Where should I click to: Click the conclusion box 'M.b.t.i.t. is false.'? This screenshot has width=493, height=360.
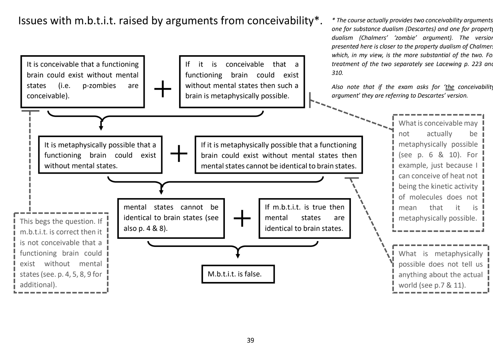pyautogui.click(x=238, y=274)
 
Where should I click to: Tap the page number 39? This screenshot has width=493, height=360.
pyautogui.click(x=250, y=340)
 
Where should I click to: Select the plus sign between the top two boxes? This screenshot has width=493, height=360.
pyautogui.click(x=162, y=89)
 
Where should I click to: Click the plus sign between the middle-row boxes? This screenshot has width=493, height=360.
pyautogui.click(x=178, y=153)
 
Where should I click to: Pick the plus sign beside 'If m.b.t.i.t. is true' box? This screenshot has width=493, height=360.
pyautogui.click(x=242, y=218)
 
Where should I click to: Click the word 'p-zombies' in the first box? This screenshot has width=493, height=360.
pyautogui.click(x=99, y=86)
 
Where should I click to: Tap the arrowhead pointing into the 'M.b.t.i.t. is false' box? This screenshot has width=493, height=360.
pyautogui.click(x=238, y=256)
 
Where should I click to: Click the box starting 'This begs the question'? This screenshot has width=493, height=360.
pyautogui.click(x=61, y=253)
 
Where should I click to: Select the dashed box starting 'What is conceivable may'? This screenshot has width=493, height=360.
pyautogui.click(x=438, y=172)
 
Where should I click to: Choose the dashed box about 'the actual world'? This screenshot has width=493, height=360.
pyautogui.click(x=440, y=269)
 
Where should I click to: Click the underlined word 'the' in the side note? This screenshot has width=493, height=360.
pyautogui.click(x=450, y=87)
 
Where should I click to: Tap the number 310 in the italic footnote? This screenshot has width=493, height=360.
pyautogui.click(x=337, y=73)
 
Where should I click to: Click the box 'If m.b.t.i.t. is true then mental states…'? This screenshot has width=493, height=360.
pyautogui.click(x=304, y=218)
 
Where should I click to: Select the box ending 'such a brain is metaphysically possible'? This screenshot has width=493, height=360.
pyautogui.click(x=242, y=81)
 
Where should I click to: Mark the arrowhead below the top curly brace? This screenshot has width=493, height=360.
pyautogui.click(x=101, y=128)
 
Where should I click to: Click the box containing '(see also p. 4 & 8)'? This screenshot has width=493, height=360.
pyautogui.click(x=171, y=218)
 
